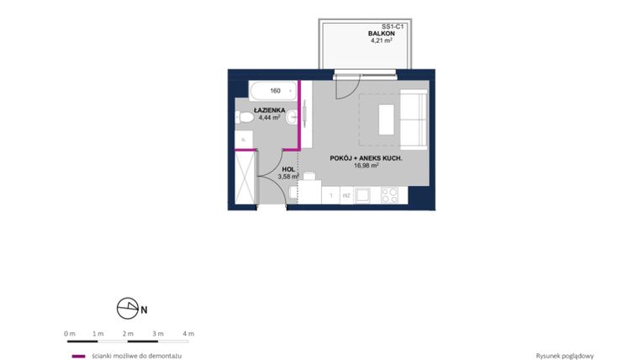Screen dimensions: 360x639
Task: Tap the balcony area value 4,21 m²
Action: (383, 40)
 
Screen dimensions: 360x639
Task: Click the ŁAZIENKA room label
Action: (270, 110)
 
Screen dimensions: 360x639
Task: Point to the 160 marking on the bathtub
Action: (275, 91)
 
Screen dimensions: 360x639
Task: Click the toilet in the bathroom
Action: (246, 119)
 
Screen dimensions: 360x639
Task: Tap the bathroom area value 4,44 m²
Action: (270, 118)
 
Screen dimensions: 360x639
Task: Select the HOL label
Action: (288, 168)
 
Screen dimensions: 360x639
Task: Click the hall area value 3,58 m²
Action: (288, 176)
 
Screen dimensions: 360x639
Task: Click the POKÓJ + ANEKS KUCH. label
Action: (366, 158)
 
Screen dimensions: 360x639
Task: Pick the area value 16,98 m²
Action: (366, 166)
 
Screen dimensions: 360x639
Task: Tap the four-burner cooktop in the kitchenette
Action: (389, 195)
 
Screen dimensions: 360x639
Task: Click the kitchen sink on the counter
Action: (362, 195)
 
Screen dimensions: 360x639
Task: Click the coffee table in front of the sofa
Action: (386, 119)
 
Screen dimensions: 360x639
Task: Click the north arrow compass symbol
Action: (127, 309)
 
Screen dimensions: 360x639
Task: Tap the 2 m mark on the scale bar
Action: (128, 334)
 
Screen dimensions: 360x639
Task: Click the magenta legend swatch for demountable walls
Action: (78, 356)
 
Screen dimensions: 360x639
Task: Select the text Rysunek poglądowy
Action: (564, 356)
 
